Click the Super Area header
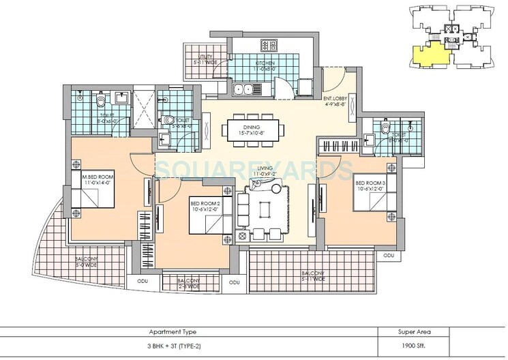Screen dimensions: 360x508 414,332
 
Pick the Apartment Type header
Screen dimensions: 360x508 173,332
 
